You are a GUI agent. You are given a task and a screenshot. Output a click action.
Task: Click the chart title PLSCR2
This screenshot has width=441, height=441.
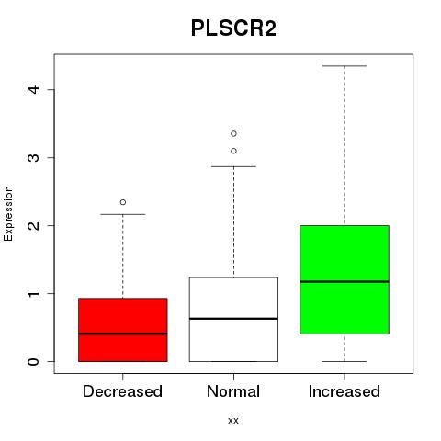click(233, 28)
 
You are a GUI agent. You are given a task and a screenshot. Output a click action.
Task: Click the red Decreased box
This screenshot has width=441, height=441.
click(123, 330)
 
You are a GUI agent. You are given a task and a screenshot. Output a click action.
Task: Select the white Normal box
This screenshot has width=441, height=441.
click(233, 320)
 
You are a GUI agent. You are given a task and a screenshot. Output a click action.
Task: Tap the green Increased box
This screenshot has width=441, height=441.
click(345, 279)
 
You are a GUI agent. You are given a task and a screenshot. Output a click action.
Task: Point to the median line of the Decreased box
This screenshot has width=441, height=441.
click(123, 334)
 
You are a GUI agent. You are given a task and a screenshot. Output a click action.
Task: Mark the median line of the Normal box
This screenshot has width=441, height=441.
click(233, 319)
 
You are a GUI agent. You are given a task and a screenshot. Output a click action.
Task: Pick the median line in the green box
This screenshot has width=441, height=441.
click(345, 281)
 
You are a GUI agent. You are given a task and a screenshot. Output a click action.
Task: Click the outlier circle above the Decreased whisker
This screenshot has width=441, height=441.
click(123, 202)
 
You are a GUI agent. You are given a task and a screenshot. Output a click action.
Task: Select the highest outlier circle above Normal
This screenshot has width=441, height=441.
click(233, 133)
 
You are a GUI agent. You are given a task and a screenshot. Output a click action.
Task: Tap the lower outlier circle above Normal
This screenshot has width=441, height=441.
click(233, 151)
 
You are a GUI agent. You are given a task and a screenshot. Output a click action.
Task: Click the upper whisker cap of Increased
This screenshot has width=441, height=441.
click(345, 66)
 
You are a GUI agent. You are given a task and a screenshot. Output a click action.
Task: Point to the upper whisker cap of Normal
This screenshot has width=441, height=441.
click(233, 166)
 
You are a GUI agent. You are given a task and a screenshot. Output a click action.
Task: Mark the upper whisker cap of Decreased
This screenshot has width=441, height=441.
click(123, 214)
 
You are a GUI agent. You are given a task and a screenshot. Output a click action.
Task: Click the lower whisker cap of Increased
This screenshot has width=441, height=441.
click(345, 361)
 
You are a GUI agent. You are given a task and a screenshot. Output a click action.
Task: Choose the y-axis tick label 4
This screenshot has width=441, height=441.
click(34, 89)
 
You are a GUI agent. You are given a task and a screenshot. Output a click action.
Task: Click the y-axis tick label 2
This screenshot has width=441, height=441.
click(34, 225)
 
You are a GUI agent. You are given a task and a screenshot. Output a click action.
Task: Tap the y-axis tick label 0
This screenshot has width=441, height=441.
click(34, 361)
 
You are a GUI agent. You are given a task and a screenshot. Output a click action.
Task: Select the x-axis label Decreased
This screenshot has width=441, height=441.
click(122, 391)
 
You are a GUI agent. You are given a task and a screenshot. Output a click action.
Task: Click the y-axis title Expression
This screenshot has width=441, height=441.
click(8, 213)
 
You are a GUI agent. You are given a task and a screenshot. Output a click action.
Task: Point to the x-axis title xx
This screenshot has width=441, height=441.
click(233, 421)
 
